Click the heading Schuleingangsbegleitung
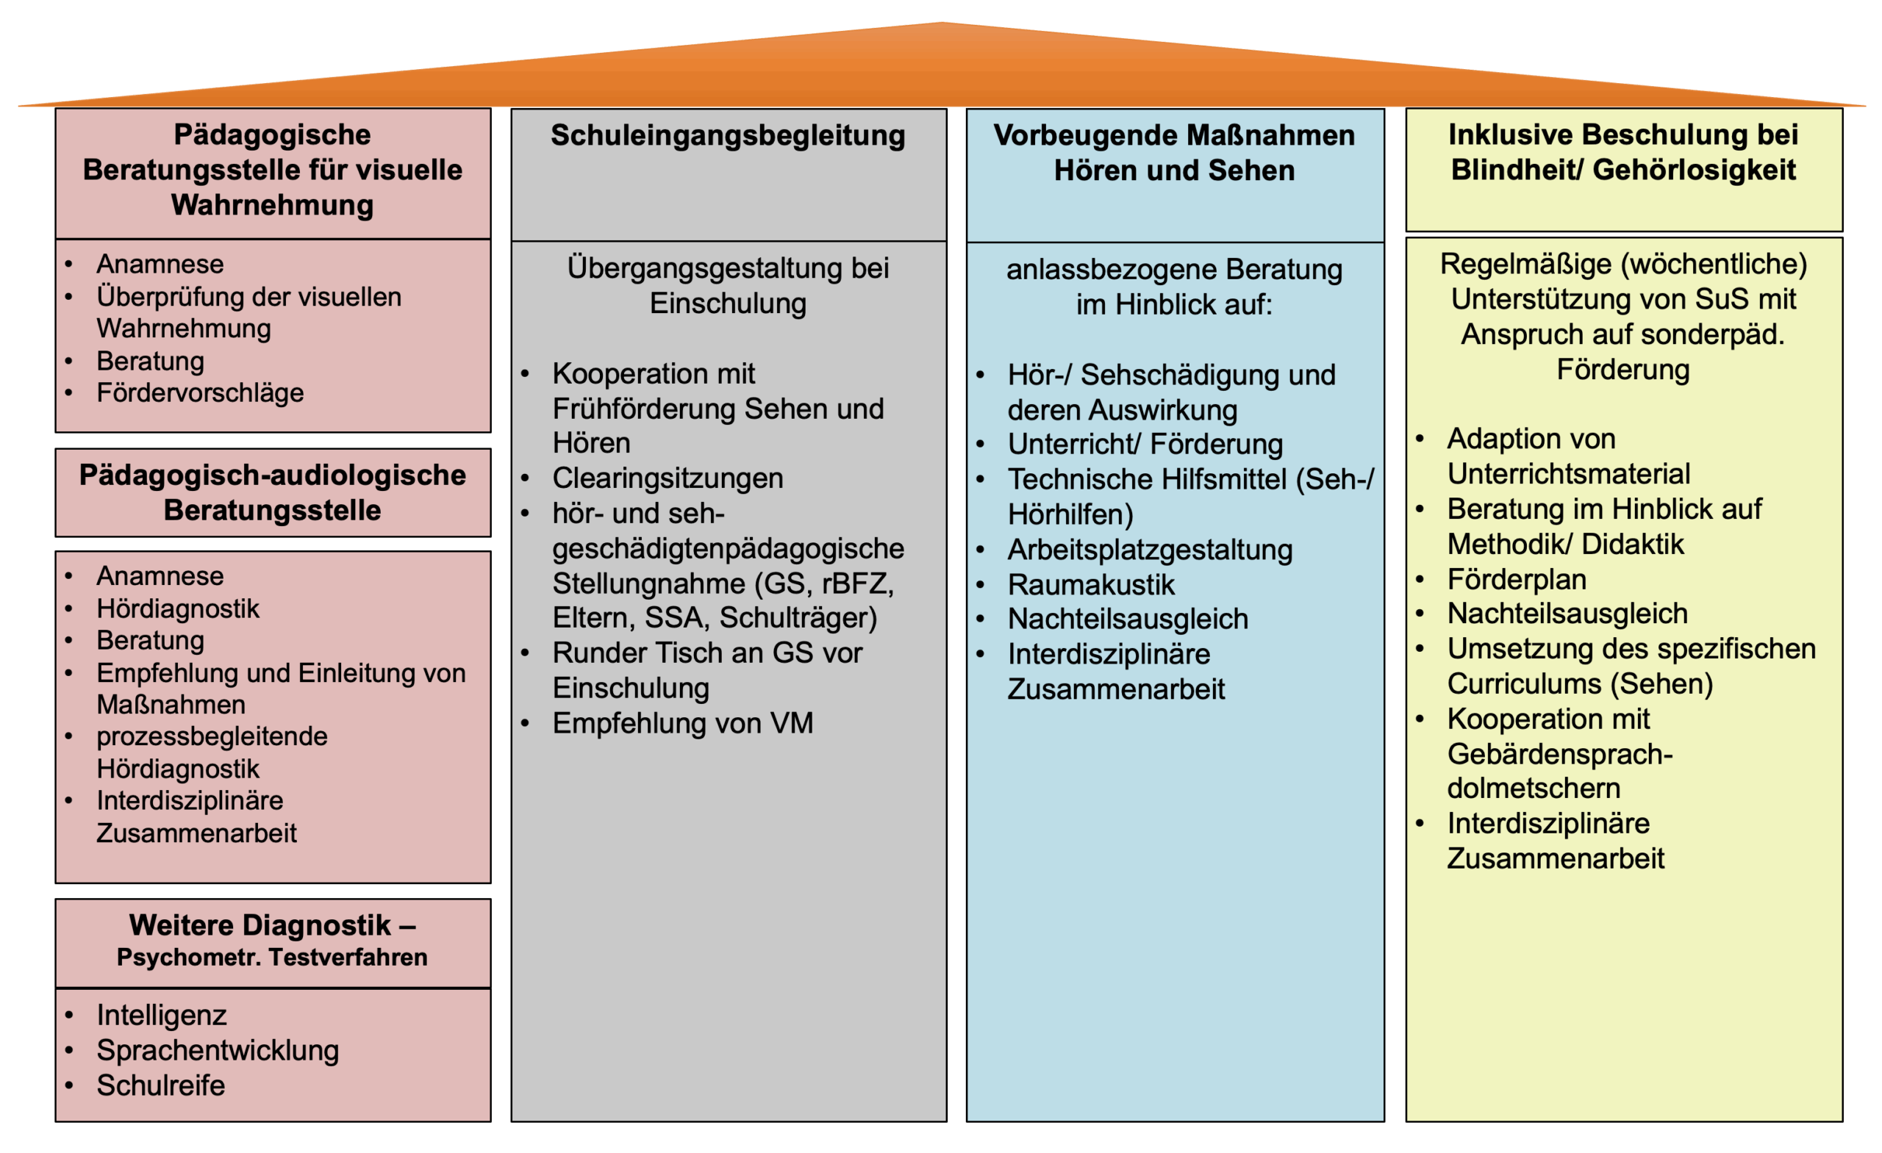point(728,136)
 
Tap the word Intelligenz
point(161,1015)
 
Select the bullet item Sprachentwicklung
point(218,1050)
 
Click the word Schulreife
point(160,1085)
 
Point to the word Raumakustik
point(1091,584)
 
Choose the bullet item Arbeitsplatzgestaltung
point(1150,549)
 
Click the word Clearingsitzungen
point(668,478)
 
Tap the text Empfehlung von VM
point(683,723)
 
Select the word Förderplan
point(1517,579)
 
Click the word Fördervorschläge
point(200,392)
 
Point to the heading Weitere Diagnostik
point(260,924)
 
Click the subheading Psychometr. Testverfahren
point(272,957)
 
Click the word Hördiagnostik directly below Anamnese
point(178,608)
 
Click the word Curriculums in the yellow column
point(1524,683)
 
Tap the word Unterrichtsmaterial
point(1569,473)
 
